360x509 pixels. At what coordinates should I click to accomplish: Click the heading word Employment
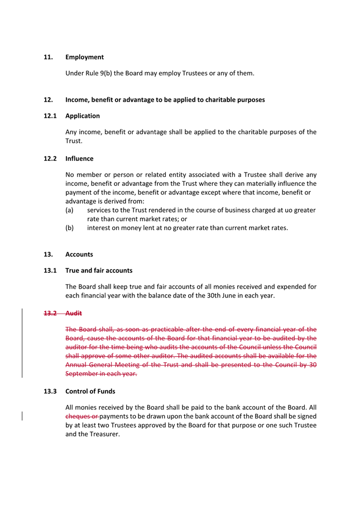[84, 57]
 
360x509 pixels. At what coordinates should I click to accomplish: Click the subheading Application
[83, 116]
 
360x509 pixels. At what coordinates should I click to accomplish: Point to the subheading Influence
[79, 159]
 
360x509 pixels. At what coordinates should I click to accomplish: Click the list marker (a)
[70, 210]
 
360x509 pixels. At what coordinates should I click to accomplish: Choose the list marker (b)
[70, 228]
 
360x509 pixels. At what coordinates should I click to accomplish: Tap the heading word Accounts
[79, 254]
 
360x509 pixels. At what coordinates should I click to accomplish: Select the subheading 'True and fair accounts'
[99, 271]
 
